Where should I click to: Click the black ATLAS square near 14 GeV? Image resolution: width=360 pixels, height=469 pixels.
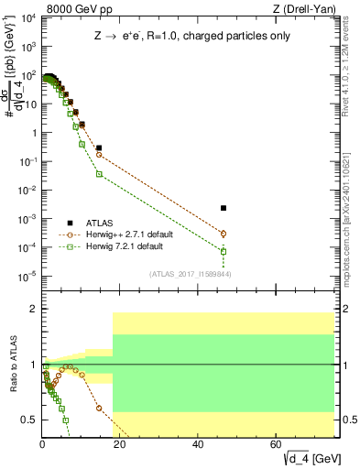tap(99, 147)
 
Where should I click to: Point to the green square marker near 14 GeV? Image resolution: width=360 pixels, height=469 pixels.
tap(99, 174)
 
